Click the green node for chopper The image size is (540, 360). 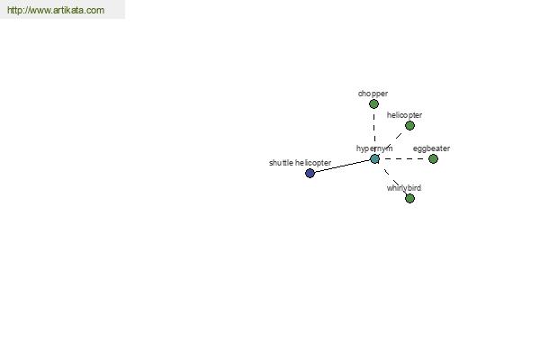[x=373, y=103]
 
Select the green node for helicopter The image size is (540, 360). [x=409, y=125]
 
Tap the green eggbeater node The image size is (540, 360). [x=433, y=158]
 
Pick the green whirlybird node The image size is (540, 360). [x=409, y=198]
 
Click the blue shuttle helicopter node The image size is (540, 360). [x=310, y=173]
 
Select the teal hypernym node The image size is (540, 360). [x=374, y=158]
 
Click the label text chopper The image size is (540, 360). [x=373, y=94]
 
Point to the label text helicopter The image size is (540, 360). [x=404, y=115]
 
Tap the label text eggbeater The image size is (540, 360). [x=431, y=148]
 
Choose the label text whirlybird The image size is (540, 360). [x=403, y=188]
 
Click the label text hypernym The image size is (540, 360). [x=374, y=148]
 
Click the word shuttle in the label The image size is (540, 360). [x=281, y=163]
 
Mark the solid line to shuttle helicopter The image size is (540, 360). [x=342, y=166]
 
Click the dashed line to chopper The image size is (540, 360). [x=374, y=131]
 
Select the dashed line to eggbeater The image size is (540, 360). [x=403, y=158]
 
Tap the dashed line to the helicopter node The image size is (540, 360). [x=393, y=140]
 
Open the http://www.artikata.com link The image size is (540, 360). [x=56, y=10]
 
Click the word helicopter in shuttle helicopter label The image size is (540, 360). [x=313, y=163]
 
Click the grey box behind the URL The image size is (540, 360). [x=62, y=9]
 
